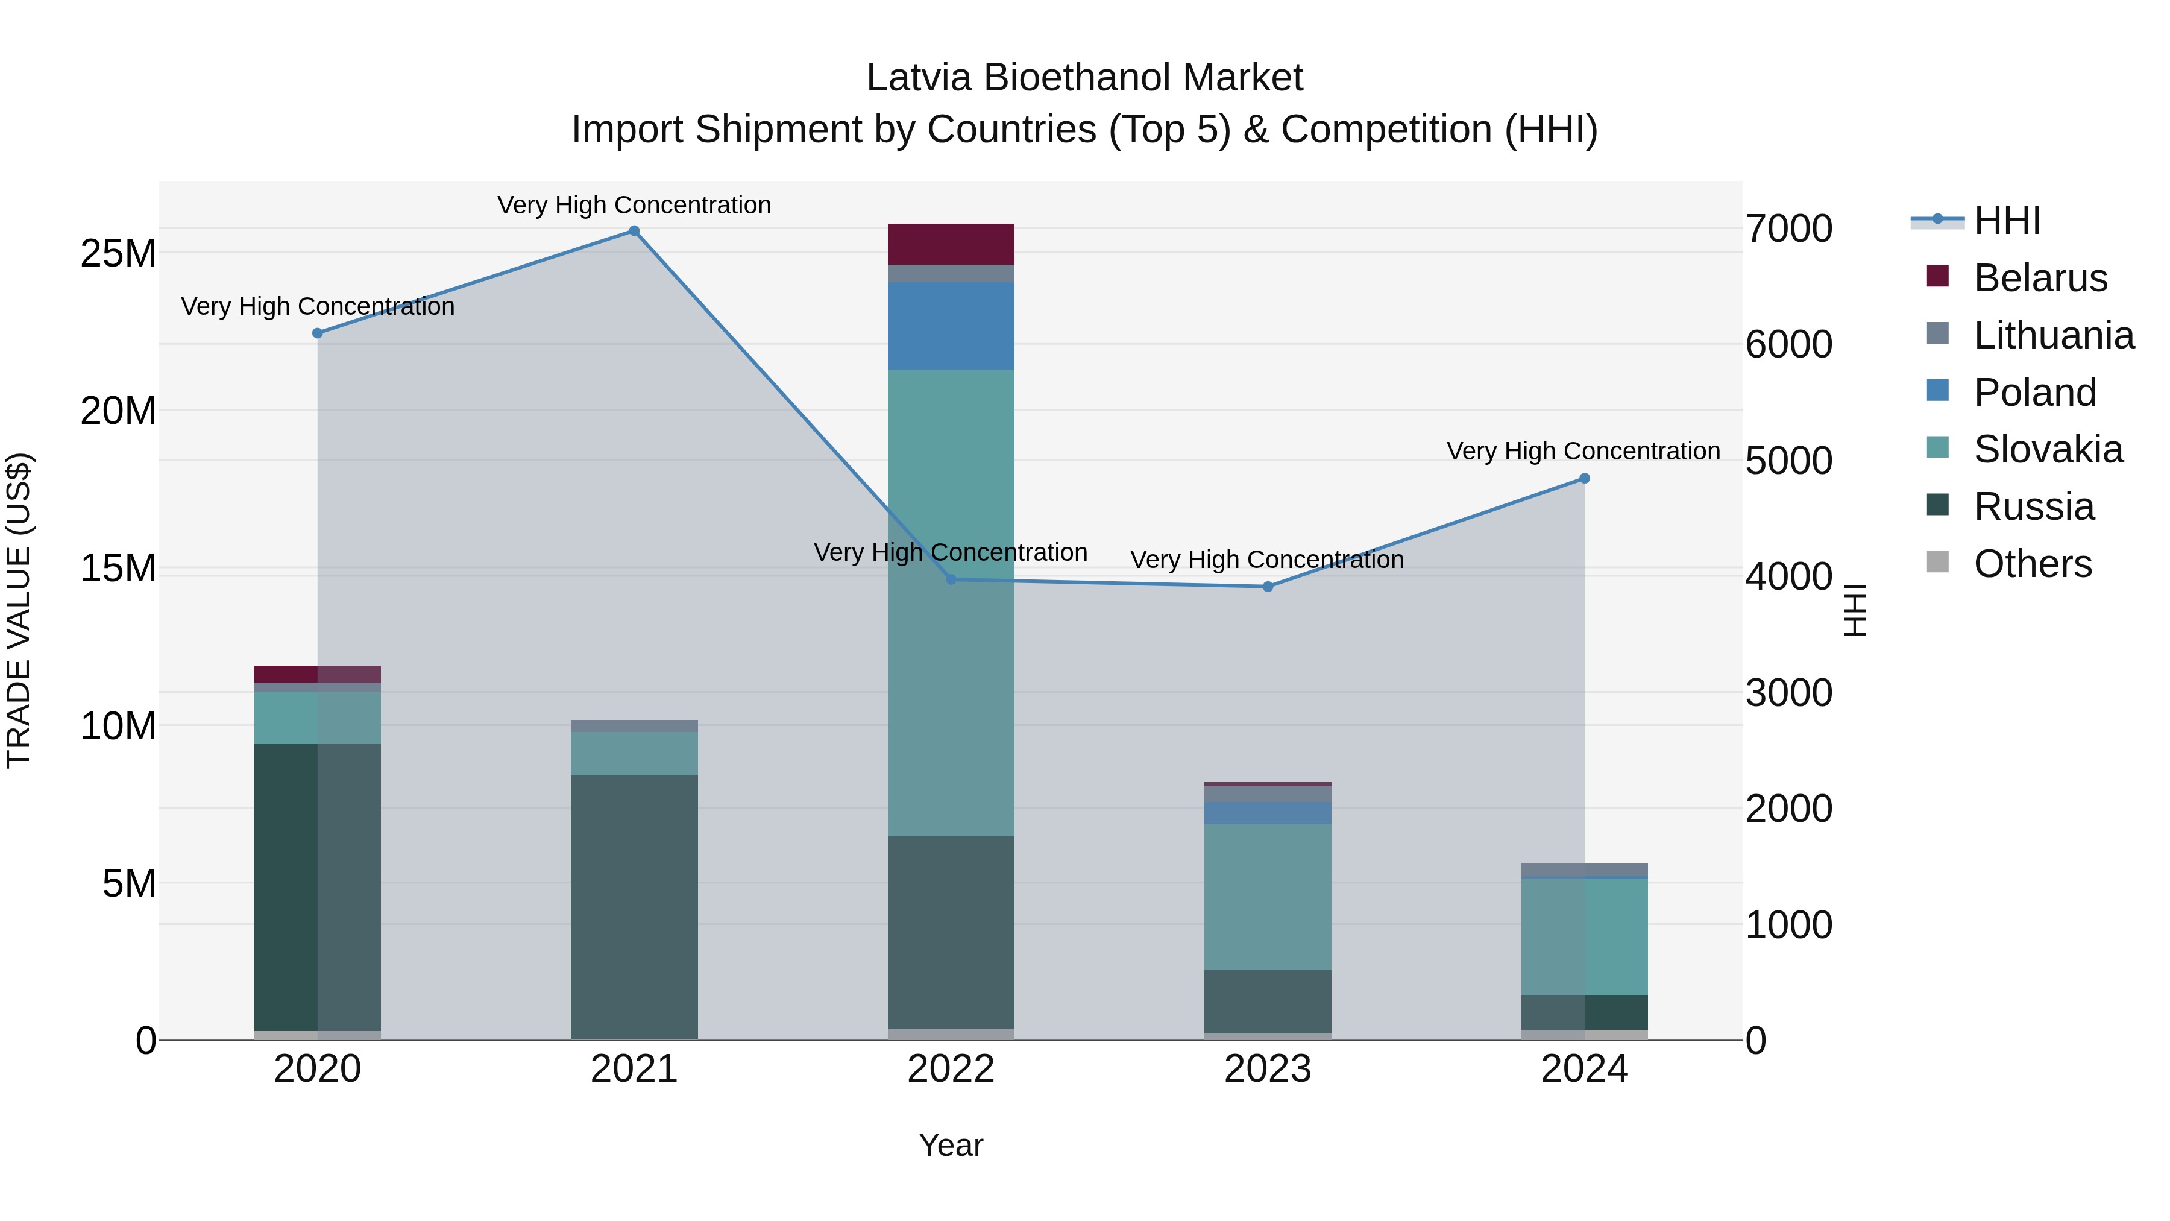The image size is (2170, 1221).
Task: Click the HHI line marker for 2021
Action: pyautogui.click(x=634, y=231)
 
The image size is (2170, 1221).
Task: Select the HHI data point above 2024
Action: pyautogui.click(x=1583, y=479)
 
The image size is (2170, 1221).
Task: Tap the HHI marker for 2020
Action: pyautogui.click(x=318, y=333)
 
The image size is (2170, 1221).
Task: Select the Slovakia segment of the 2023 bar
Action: pyautogui.click(x=1267, y=897)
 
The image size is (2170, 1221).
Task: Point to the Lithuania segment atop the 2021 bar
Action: pyautogui.click(x=634, y=727)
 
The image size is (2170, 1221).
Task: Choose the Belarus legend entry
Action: pyautogui.click(x=2039, y=278)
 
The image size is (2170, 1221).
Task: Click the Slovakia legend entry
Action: pyautogui.click(x=2047, y=449)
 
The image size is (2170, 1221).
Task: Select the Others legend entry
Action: pyautogui.click(x=2032, y=564)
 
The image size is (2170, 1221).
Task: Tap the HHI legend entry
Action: pyautogui.click(x=2007, y=221)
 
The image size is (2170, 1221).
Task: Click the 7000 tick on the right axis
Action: pyautogui.click(x=1788, y=229)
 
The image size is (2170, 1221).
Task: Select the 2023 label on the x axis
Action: pyautogui.click(x=1267, y=1069)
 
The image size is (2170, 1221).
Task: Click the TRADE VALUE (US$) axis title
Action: pyautogui.click(x=19, y=610)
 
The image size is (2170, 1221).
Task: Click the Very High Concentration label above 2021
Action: pyautogui.click(x=634, y=206)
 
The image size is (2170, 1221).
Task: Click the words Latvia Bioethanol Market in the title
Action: pyautogui.click(x=1084, y=78)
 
